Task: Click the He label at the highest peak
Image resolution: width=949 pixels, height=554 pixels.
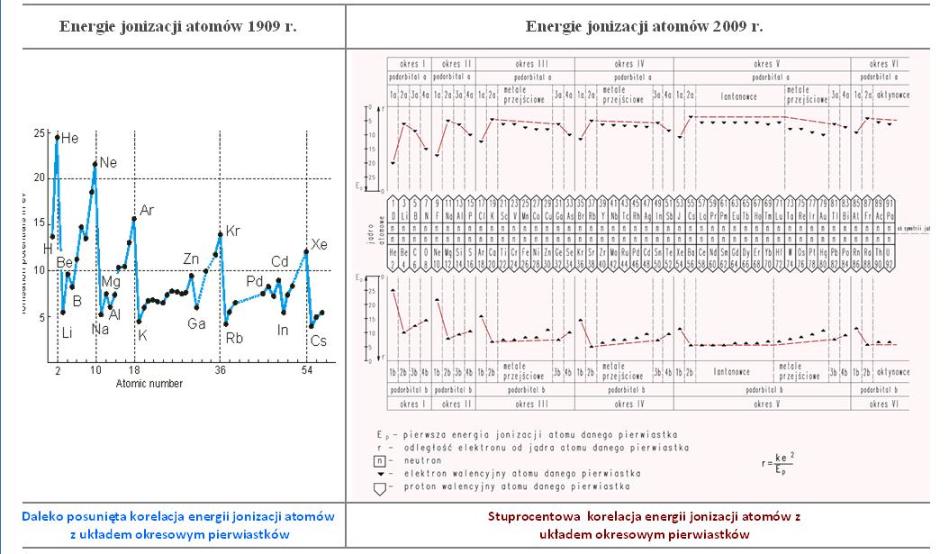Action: [70, 139]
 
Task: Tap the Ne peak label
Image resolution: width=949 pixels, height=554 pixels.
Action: [107, 163]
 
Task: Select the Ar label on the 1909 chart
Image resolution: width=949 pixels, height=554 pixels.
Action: [147, 211]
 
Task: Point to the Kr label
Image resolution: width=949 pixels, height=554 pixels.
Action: [233, 231]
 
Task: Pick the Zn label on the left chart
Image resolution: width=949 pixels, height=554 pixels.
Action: [191, 259]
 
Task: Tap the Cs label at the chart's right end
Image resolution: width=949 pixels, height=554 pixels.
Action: [319, 341]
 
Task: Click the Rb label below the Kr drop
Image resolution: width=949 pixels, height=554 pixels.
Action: [233, 339]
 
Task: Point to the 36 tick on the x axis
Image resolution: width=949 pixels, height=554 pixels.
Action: [220, 370]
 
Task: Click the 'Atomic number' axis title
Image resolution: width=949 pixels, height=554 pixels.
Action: [149, 384]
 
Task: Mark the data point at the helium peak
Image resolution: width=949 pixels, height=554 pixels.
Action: [58, 138]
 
